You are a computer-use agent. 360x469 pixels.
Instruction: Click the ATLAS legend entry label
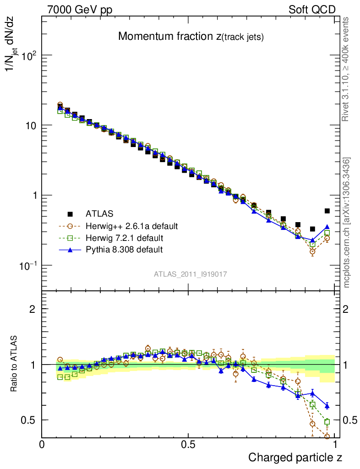(x=99, y=213)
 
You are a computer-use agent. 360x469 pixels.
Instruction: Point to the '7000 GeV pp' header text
(x=80, y=10)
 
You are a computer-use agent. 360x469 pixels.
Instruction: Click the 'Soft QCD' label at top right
(x=312, y=10)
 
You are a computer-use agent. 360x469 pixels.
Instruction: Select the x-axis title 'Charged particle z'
(x=295, y=457)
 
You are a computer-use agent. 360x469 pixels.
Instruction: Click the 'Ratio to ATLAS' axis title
(x=15, y=364)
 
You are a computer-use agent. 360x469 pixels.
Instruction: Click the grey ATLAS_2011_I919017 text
(x=190, y=274)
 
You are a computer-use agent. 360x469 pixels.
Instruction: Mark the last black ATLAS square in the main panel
(x=327, y=211)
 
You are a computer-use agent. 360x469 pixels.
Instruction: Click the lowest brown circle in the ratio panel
(x=327, y=436)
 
